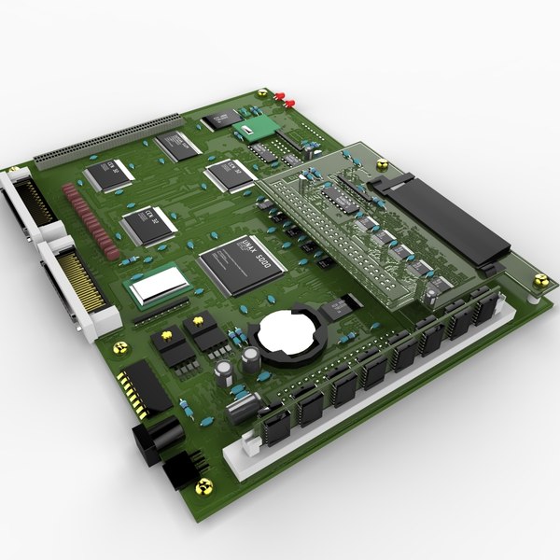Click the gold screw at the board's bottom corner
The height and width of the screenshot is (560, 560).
[x=205, y=485]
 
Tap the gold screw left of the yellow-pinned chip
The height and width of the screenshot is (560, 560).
[x=119, y=346]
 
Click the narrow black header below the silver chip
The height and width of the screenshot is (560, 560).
[x=159, y=315]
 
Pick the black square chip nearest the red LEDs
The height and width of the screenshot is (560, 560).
[x=221, y=119]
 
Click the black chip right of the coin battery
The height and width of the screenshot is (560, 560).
[x=345, y=304]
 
